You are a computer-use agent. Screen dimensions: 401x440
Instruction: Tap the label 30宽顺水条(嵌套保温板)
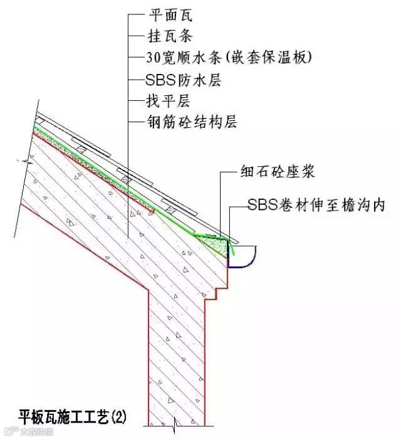pyautogui.click(x=229, y=58)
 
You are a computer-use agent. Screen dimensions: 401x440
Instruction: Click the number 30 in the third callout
pyautogui.click(x=153, y=58)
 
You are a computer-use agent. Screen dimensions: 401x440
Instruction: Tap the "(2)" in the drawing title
pyautogui.click(x=117, y=416)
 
